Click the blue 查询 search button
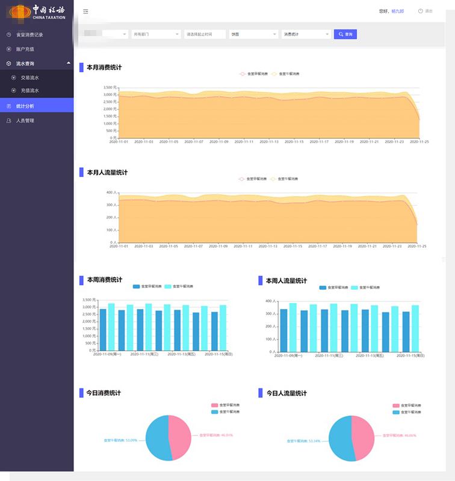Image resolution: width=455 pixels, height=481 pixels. pyautogui.click(x=345, y=35)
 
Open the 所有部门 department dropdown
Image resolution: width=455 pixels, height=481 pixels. pyautogui.click(x=156, y=35)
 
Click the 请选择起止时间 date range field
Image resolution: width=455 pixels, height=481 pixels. pyautogui.click(x=205, y=35)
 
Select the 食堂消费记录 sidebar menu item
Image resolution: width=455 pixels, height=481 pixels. pyautogui.click(x=29, y=35)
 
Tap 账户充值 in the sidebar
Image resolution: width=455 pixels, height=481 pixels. pyautogui.click(x=25, y=49)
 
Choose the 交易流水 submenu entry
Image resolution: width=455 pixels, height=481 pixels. pyautogui.click(x=29, y=78)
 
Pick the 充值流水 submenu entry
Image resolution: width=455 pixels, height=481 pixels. pyautogui.click(x=29, y=91)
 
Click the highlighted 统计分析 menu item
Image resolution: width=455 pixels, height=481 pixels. pyautogui.click(x=25, y=106)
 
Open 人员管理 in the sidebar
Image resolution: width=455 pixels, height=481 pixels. pyautogui.click(x=25, y=120)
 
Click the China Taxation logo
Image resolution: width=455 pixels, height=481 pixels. pyautogui.click(x=36, y=11)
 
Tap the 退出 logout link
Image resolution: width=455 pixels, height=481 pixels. pyautogui.click(x=428, y=11)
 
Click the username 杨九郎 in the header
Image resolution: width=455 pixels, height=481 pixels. pyautogui.click(x=397, y=11)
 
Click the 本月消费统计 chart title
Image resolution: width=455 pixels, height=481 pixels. pyautogui.click(x=104, y=67)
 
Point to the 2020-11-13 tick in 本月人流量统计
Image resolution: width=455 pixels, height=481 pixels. pyautogui.click(x=269, y=247)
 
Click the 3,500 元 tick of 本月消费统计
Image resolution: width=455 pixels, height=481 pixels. pyautogui.click(x=109, y=87)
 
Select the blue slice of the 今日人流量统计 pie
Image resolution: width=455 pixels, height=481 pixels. pyautogui.click(x=341, y=439)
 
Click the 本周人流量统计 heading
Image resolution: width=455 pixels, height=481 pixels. pyautogui.click(x=286, y=281)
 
